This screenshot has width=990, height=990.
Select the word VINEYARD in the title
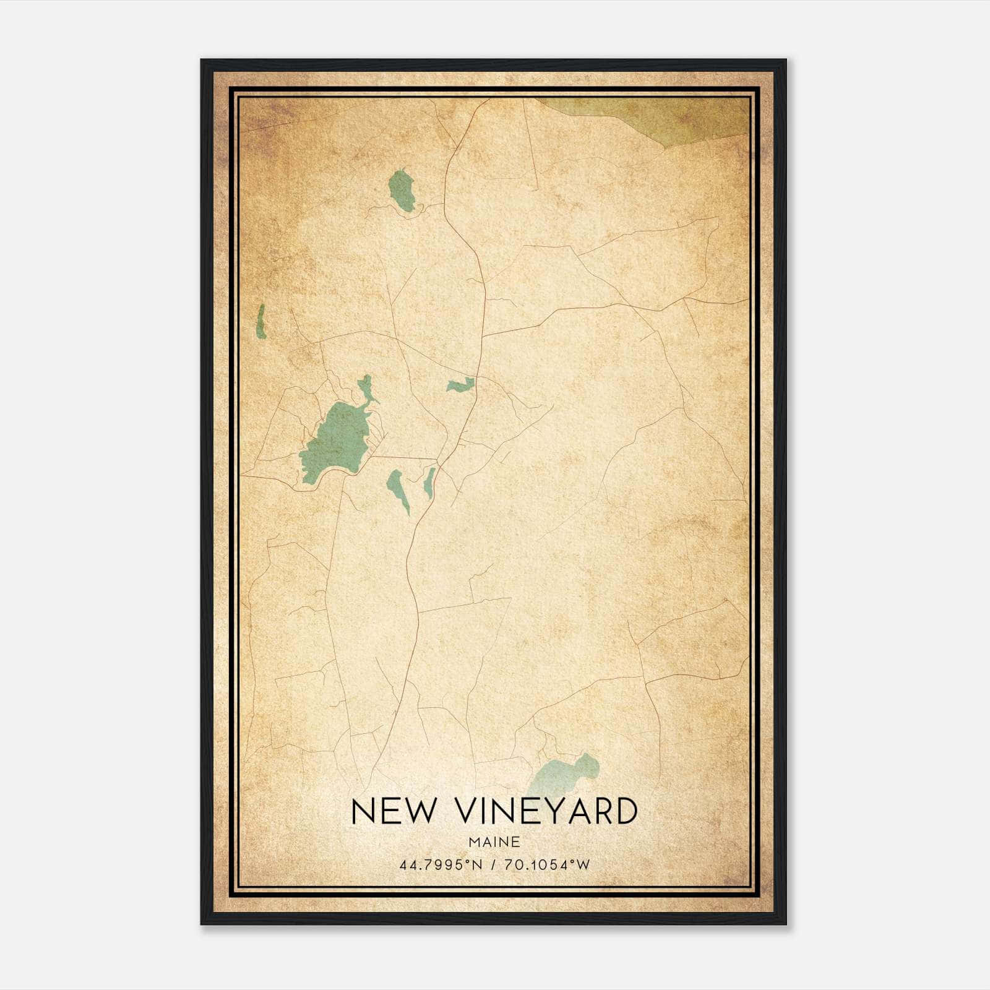(548, 811)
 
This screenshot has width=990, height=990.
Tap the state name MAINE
(494, 842)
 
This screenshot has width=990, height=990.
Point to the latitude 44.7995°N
(441, 864)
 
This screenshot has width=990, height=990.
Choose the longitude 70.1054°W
(548, 864)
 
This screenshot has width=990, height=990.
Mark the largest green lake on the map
(334, 436)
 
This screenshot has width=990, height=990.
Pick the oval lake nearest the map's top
(402, 190)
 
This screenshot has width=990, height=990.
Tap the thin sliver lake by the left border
(261, 322)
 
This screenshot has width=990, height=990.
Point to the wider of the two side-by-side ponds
(398, 488)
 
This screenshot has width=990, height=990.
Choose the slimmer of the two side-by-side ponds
(428, 483)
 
